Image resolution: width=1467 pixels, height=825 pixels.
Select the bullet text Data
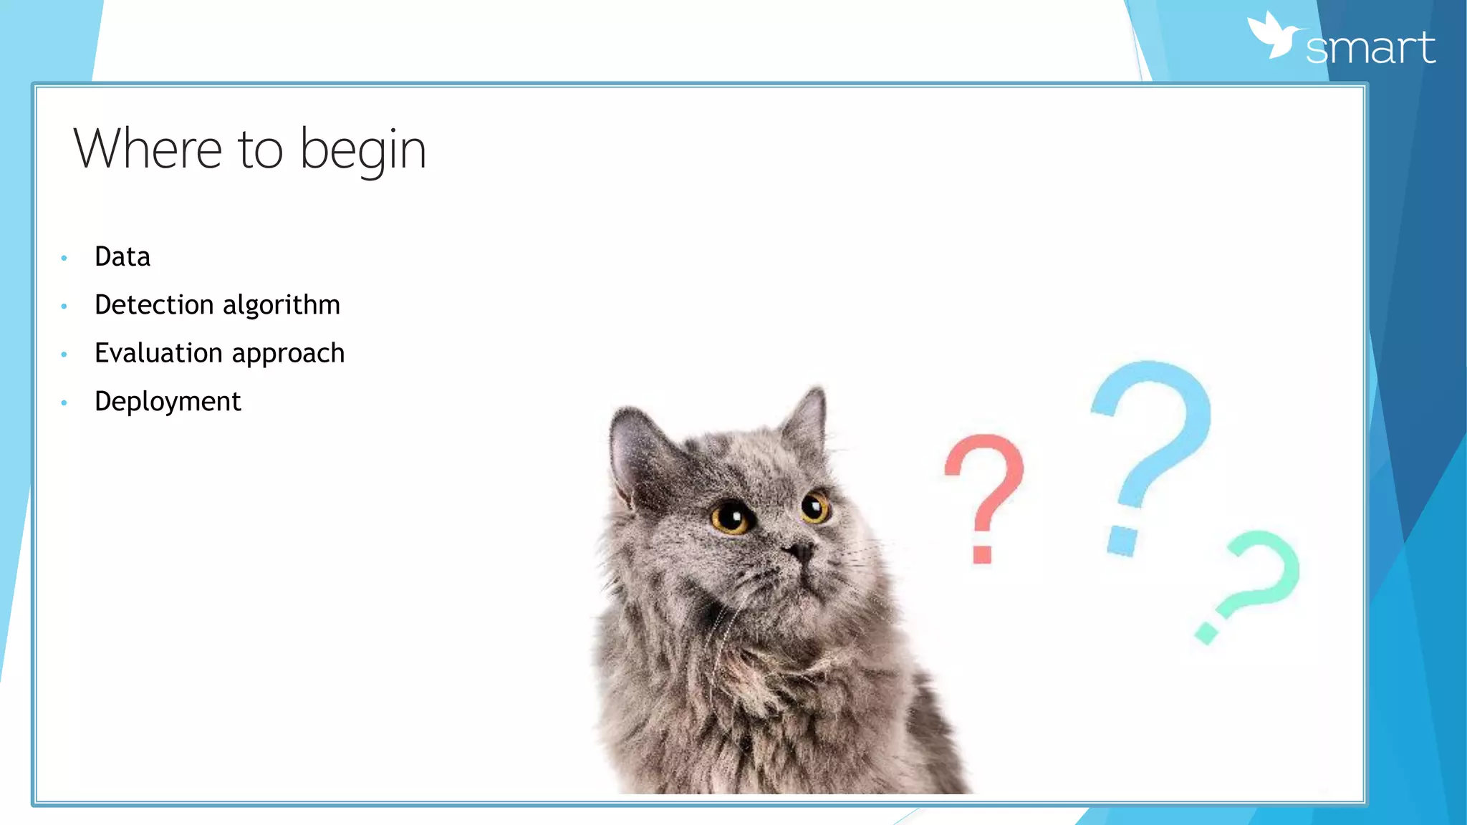122,256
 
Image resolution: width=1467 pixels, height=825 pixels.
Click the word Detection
154,304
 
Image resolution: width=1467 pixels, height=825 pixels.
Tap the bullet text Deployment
168,401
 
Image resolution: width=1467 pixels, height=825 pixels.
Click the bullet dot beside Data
64,258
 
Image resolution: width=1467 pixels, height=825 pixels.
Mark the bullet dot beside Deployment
64,403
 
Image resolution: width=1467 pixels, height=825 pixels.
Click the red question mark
984,494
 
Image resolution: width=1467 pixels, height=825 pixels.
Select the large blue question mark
1150,451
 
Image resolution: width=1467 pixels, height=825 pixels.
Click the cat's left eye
731,516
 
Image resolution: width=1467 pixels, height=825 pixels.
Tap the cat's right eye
814,508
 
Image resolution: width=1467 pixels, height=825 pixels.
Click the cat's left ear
634,451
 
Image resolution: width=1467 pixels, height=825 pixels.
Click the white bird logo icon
1273,35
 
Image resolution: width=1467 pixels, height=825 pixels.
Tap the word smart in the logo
1370,48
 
